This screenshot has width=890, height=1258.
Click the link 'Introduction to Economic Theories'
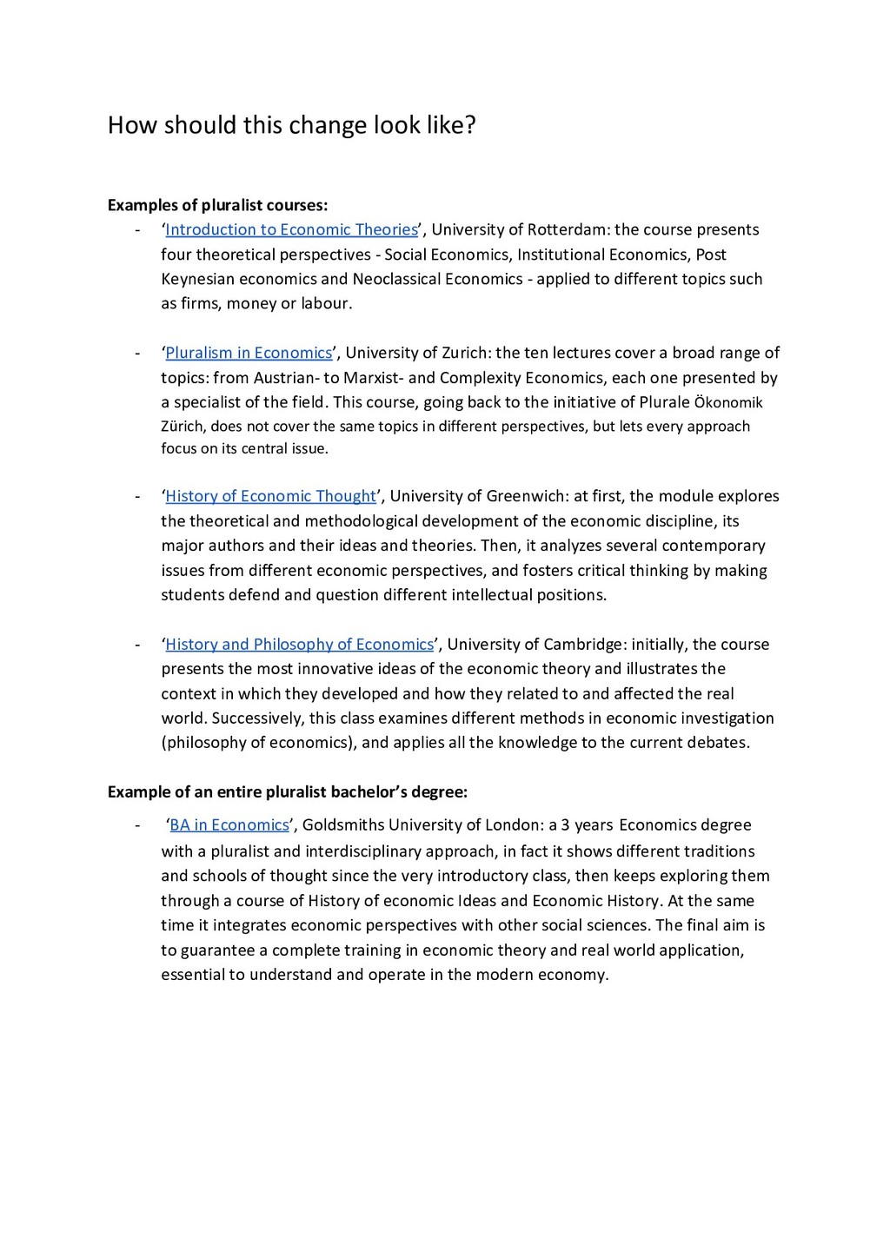click(x=291, y=230)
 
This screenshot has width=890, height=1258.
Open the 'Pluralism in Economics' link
click(x=249, y=353)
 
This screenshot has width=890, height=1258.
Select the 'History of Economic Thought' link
click(x=270, y=496)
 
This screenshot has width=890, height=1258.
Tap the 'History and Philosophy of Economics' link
click(x=299, y=645)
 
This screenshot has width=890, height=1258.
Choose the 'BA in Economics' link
click(x=229, y=825)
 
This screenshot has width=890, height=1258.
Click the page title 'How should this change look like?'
click(x=292, y=126)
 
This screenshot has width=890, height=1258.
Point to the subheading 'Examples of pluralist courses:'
click(x=217, y=206)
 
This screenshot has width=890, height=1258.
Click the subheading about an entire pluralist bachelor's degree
click(x=287, y=792)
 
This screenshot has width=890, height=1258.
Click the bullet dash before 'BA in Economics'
click(x=136, y=825)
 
